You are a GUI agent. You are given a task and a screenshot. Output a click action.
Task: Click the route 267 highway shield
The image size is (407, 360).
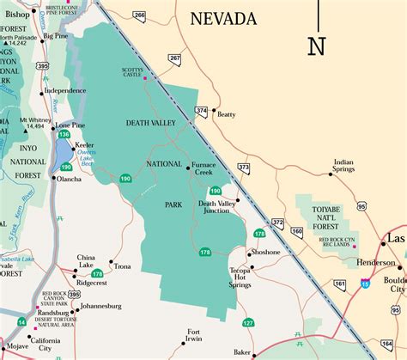pyautogui.click(x=175, y=59)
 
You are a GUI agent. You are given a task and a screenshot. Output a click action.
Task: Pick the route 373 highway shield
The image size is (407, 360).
pyautogui.click(x=243, y=168)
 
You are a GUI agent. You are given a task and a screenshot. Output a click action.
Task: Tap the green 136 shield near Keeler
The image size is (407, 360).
pyautogui.click(x=64, y=134)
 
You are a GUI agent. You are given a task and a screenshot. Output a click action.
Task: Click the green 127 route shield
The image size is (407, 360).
pyautogui.click(x=248, y=322)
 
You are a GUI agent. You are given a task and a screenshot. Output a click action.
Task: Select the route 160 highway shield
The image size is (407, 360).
pyautogui.click(x=297, y=231)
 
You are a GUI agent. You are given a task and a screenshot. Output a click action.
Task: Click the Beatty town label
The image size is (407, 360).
pyautogui.click(x=226, y=114)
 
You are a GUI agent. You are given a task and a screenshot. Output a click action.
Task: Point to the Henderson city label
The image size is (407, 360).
pyautogui.click(x=376, y=262)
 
